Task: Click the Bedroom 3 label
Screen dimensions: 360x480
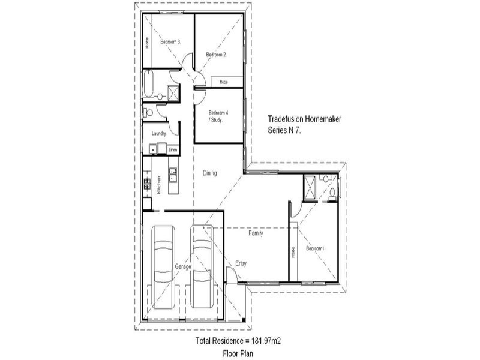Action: click(x=170, y=42)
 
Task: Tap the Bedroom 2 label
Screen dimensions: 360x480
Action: click(x=216, y=55)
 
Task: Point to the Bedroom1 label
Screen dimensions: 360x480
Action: click(x=316, y=248)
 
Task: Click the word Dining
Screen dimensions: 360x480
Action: click(x=209, y=173)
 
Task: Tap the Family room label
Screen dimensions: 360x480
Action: click(x=256, y=234)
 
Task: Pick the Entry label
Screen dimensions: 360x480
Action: click(x=241, y=263)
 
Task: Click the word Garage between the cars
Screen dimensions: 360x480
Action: click(x=182, y=266)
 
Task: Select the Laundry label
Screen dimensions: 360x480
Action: click(x=158, y=133)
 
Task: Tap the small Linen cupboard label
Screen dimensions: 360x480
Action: click(x=173, y=150)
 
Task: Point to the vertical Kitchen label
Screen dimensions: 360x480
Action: click(x=158, y=185)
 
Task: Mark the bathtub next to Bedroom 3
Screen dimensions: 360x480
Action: click(x=148, y=85)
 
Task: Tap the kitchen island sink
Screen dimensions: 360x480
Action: click(x=173, y=175)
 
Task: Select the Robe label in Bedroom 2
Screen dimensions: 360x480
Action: click(x=223, y=82)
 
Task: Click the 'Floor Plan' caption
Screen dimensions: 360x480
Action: click(x=239, y=353)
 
